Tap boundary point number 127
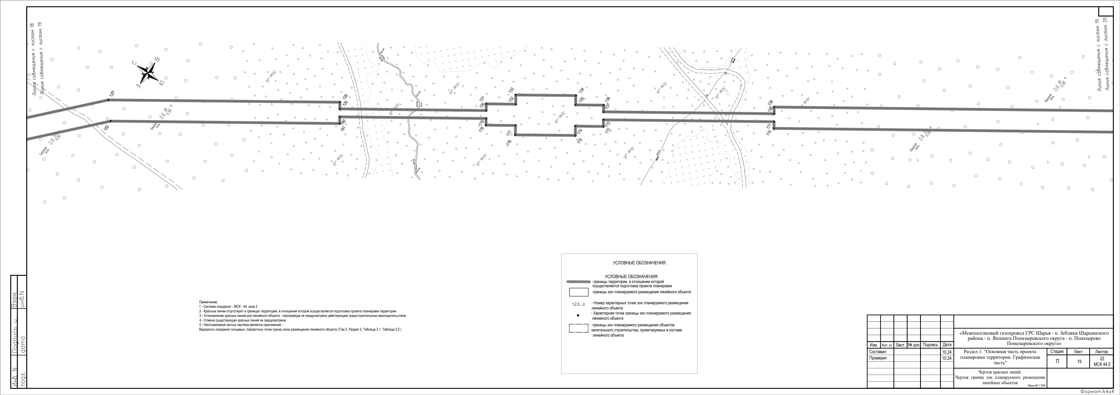(112, 94)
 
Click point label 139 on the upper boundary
(771, 103)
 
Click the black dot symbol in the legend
(578, 316)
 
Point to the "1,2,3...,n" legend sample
(578, 304)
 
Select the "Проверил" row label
(875, 358)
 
